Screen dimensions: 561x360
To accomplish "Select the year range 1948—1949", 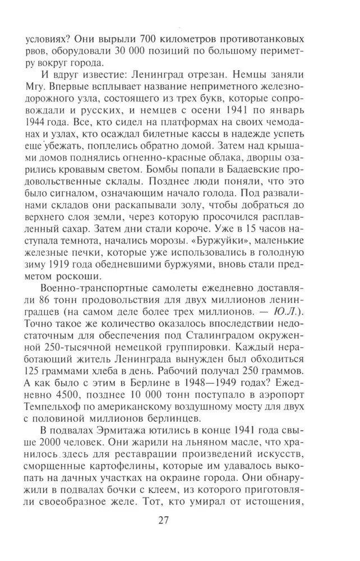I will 225,376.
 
